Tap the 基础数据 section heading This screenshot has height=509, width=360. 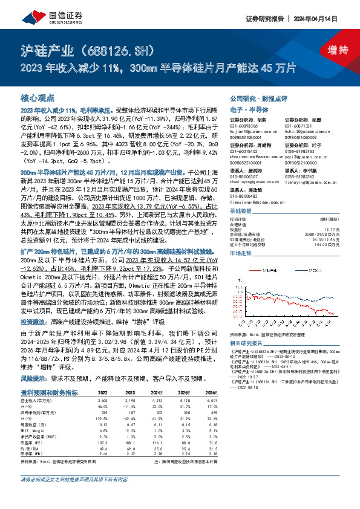click(241, 212)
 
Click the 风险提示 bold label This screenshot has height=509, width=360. click(34, 361)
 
